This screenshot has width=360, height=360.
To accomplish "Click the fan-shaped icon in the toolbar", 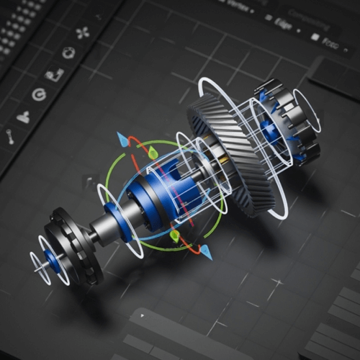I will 81,32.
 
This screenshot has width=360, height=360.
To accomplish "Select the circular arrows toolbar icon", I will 68,53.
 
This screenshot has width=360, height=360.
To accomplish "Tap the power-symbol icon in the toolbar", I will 39,94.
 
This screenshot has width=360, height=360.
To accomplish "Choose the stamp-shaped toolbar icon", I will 24,115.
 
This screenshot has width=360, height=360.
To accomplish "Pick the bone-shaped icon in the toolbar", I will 11,135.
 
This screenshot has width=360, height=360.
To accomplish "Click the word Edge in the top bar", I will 284,22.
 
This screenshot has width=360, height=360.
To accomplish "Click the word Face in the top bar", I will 330,42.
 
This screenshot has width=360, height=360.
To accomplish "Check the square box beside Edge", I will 268,18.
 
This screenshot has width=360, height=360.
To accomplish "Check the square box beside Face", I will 315,36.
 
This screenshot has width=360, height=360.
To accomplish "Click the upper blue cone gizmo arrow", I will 123,139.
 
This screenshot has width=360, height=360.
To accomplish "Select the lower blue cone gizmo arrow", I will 206,252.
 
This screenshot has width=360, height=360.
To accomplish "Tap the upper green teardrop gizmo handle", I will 153,152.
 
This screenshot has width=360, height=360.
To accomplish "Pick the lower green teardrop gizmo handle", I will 174,235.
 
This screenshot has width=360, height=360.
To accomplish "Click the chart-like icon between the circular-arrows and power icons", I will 54,73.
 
